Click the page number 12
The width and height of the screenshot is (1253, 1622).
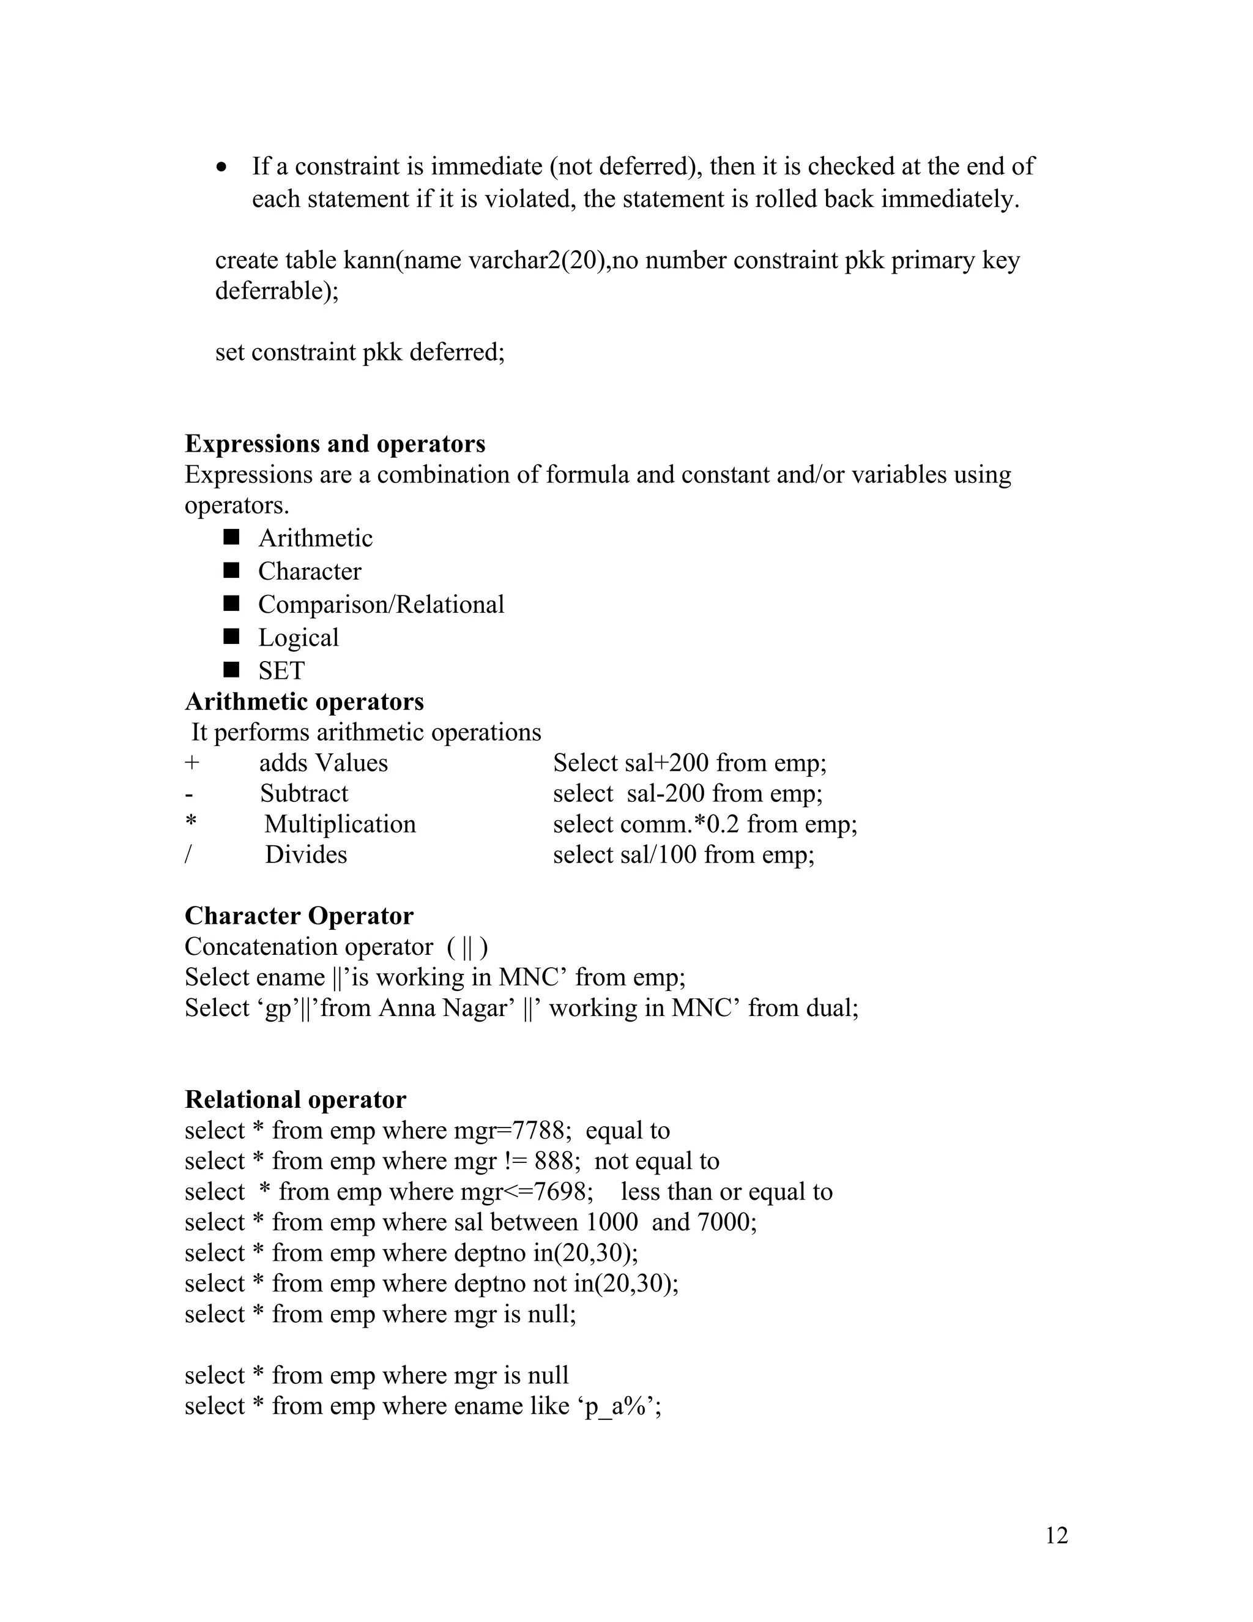pos(1056,1535)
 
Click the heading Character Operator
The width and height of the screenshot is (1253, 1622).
pos(299,916)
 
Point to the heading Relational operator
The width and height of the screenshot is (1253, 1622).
pos(296,1099)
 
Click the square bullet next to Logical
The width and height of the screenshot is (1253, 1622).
pos(232,637)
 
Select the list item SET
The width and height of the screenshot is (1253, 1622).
pos(281,671)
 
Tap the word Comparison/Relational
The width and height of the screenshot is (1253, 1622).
pos(381,605)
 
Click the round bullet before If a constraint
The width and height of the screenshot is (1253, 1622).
pos(222,167)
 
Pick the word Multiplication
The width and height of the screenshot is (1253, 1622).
pos(340,824)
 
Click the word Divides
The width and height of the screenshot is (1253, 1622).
pos(306,855)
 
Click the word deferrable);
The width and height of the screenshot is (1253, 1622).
pos(276,290)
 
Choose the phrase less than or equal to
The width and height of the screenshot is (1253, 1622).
pos(727,1192)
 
